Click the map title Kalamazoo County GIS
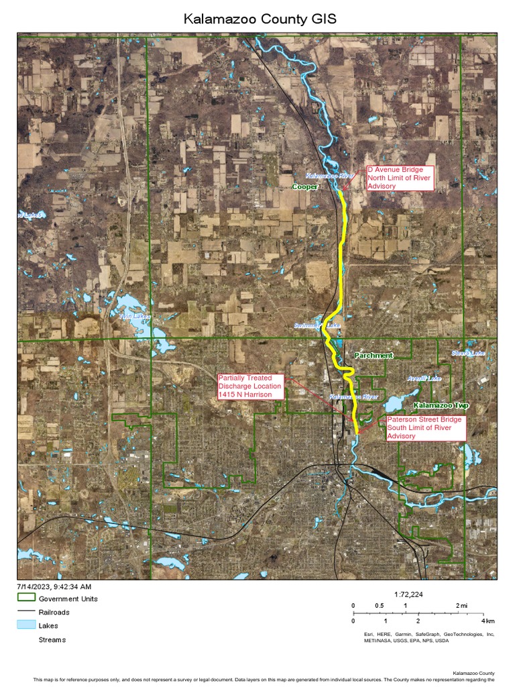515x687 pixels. pos(260,19)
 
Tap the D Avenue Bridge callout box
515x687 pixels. pos(400,178)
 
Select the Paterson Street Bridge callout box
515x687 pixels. pos(425,427)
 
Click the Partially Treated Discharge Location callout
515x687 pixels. pos(249,386)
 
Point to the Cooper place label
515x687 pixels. pos(305,187)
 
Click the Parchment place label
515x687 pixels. pos(374,356)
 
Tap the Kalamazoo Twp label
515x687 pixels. pos(441,406)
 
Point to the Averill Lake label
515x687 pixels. pos(424,378)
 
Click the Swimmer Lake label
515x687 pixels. pos(317,326)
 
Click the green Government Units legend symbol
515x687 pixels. pos(26,598)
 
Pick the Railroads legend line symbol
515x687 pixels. pos(26,612)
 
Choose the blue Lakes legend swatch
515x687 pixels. pos(26,625)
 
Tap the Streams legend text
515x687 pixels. pos(52,639)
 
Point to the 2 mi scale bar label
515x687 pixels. pos(461,606)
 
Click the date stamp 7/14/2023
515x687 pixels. pos(54,586)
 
